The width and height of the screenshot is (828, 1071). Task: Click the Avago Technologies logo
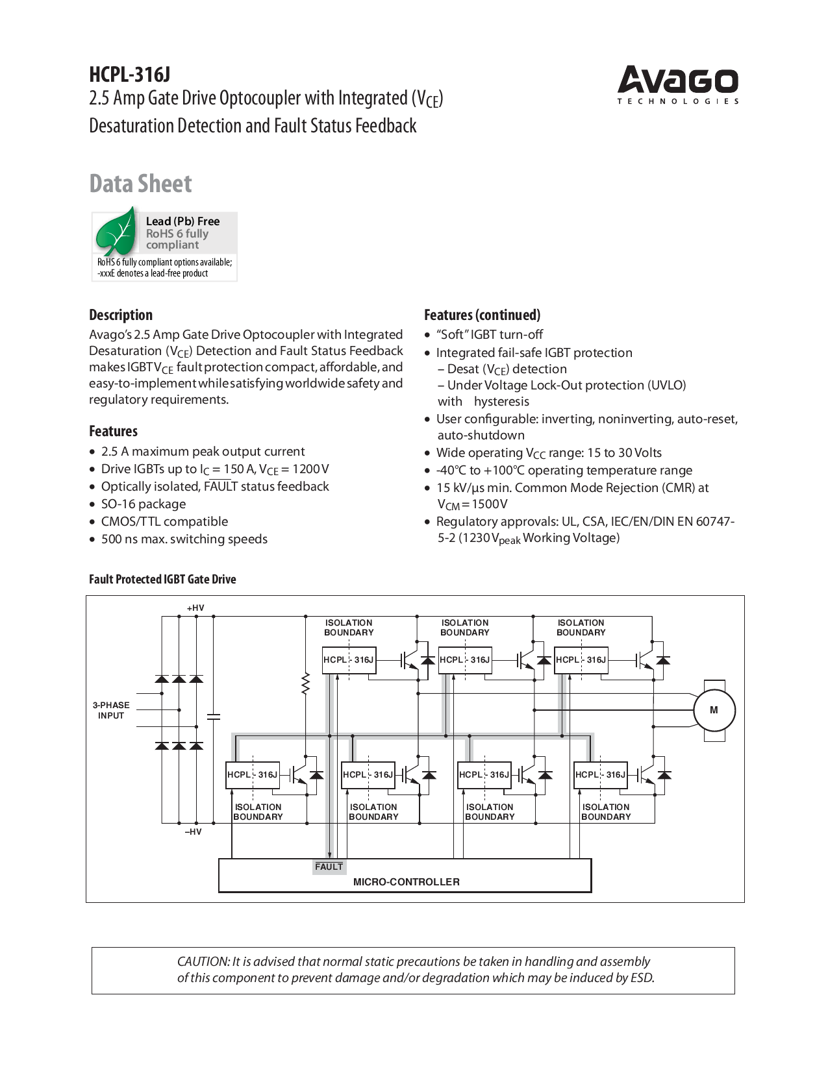point(677,84)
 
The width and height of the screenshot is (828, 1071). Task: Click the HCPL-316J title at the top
point(130,75)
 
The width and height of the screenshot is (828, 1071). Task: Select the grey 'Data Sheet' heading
point(140,184)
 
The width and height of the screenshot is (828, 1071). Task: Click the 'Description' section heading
point(121,315)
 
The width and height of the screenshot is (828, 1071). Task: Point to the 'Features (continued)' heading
point(482,315)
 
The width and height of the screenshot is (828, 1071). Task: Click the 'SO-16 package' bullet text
point(144,504)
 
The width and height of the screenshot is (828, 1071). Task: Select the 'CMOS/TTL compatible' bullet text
point(164,522)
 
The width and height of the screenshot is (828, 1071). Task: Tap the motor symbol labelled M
point(714,710)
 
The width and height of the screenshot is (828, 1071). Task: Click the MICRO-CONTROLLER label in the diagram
point(406,882)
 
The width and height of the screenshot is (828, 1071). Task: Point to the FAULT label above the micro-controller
point(329,867)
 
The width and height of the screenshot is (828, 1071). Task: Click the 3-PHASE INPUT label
point(111,711)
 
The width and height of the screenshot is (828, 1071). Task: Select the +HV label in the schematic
point(195,608)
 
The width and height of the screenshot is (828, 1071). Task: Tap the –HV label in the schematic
point(193,832)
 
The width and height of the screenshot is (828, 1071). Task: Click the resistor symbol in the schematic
point(305,684)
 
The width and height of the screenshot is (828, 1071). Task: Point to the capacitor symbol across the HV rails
point(213,717)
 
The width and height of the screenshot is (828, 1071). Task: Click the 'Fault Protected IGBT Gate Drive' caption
point(162,580)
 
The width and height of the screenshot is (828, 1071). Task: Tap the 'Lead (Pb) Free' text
point(182,221)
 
